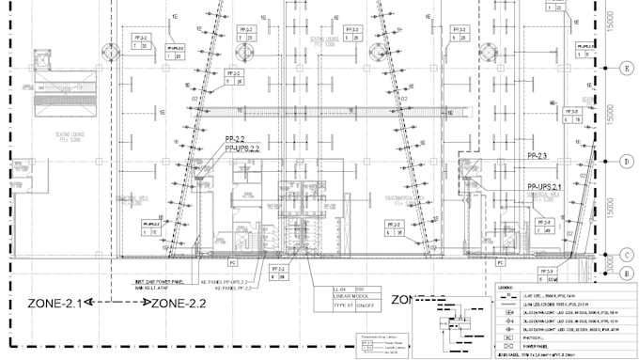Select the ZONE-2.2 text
pos(179,303)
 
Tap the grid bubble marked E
pos(624,69)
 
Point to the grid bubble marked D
pos(624,162)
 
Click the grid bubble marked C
pos(624,255)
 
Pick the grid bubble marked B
pos(624,274)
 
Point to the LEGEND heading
pos(507,286)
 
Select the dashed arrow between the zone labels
pos(117,303)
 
